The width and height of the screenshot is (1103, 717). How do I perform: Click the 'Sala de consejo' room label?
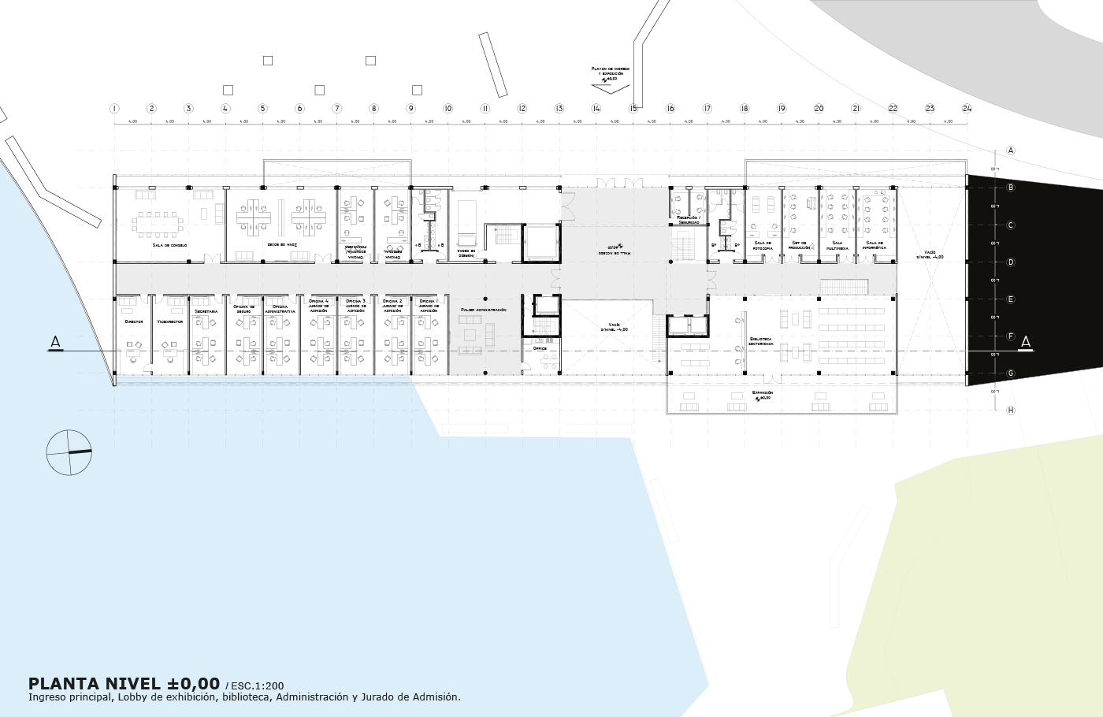tap(170, 245)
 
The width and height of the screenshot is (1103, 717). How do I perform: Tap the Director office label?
tap(134, 321)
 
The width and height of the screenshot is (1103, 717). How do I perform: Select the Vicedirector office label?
tap(169, 321)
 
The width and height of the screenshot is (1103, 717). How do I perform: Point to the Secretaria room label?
tap(206, 312)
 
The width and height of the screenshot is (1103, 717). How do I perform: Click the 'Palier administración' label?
tap(483, 310)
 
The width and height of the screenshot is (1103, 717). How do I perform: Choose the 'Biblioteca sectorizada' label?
tap(761, 341)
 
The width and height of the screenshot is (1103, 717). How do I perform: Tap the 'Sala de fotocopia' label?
tap(763, 245)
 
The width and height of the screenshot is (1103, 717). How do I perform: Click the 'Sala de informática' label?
tap(875, 245)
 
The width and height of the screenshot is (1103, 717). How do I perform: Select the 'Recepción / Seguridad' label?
tap(689, 220)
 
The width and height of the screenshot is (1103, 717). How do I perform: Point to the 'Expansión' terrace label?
tap(762, 392)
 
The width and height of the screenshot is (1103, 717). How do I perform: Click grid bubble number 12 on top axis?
tap(522, 109)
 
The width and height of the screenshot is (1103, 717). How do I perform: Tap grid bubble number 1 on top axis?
tap(114, 109)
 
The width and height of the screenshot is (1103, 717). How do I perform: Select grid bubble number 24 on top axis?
tap(967, 109)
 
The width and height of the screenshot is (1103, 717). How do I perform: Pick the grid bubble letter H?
tap(1011, 411)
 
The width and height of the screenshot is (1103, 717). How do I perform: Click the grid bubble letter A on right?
tap(1011, 150)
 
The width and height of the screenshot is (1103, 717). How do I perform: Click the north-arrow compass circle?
tap(69, 452)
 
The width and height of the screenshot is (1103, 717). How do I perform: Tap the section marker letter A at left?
tap(55, 342)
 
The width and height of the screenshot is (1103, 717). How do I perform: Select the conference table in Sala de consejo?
tap(158, 223)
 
